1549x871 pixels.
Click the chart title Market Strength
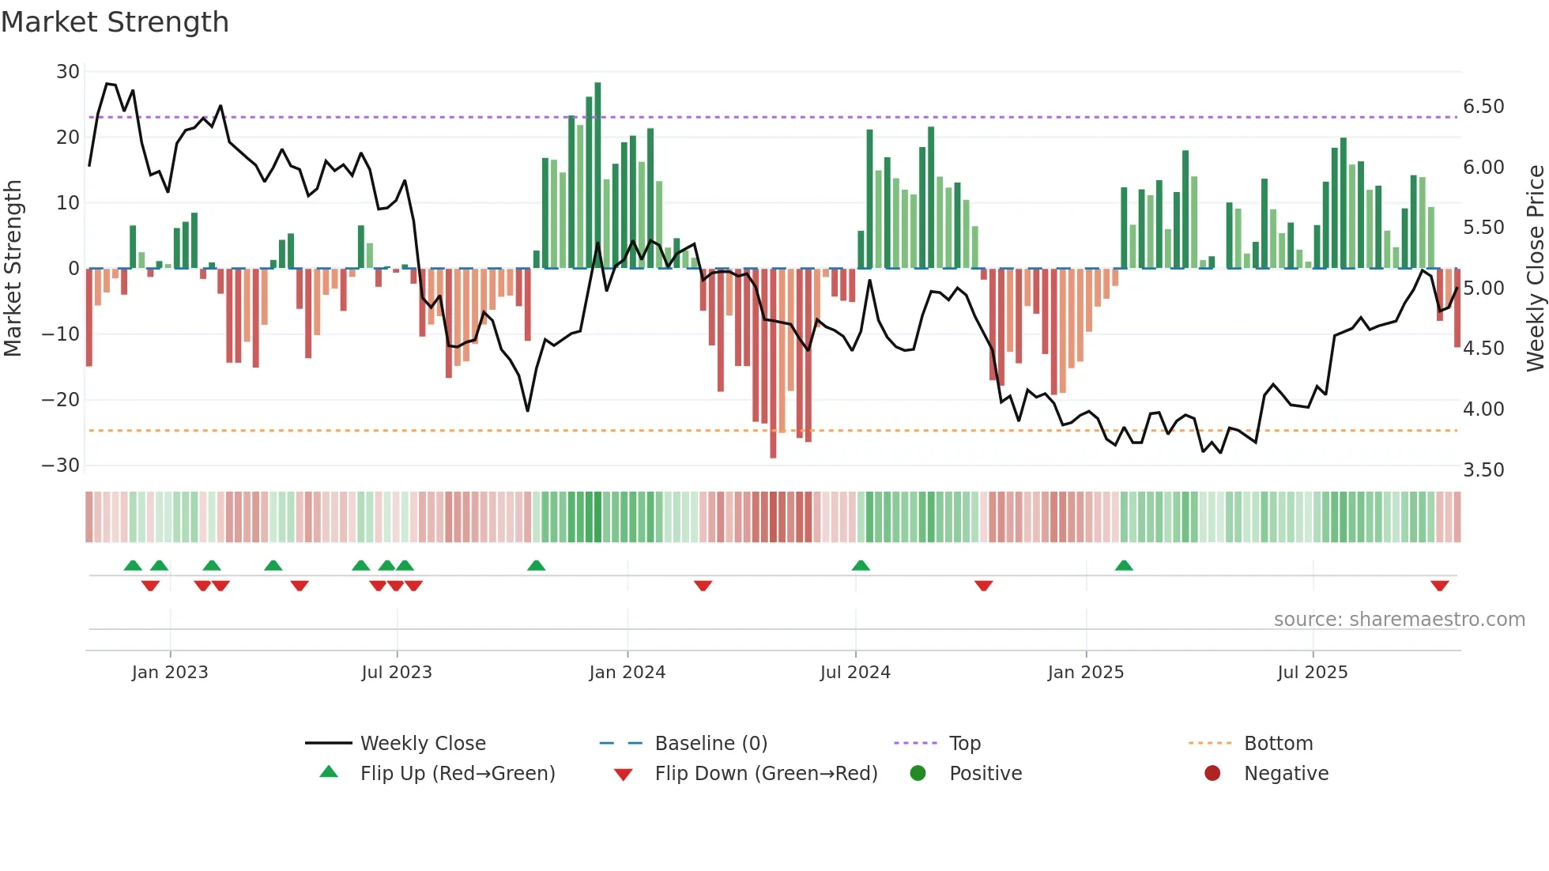click(x=115, y=22)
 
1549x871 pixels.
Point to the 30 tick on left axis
click(x=68, y=72)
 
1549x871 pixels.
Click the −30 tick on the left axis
click(x=61, y=466)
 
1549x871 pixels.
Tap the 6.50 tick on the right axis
click(x=1483, y=107)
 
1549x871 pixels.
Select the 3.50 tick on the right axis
click(x=1483, y=470)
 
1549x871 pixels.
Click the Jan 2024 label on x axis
click(x=627, y=673)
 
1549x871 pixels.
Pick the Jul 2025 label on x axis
click(x=1312, y=673)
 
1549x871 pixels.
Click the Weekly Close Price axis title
click(x=1535, y=269)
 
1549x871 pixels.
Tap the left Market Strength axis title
click(x=13, y=269)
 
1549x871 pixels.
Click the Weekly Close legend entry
click(x=422, y=744)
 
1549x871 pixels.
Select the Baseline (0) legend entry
click(x=710, y=744)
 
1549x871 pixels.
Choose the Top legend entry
click(x=964, y=744)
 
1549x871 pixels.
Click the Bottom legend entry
click(x=1278, y=744)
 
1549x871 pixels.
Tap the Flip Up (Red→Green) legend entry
click(x=457, y=774)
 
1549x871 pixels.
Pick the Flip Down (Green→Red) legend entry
click(x=765, y=774)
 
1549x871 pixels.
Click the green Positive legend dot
click(x=918, y=774)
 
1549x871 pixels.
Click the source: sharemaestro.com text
click(x=1399, y=620)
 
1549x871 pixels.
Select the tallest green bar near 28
click(x=597, y=174)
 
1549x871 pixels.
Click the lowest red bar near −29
click(x=773, y=364)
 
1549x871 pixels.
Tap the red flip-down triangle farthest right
click(x=1439, y=586)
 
